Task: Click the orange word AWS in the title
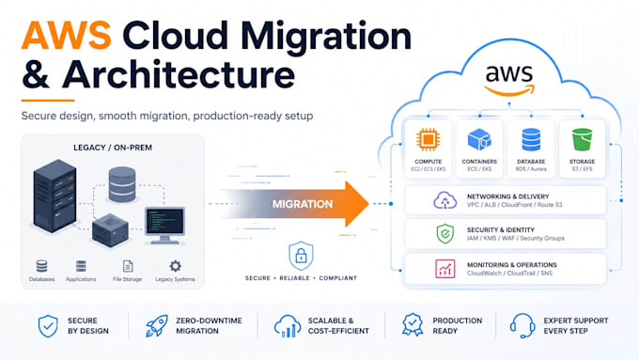click(x=66, y=35)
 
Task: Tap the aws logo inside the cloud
click(x=509, y=79)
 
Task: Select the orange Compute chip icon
click(x=428, y=139)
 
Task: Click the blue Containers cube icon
click(x=479, y=139)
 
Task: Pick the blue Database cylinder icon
click(x=531, y=139)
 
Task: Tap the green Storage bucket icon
click(x=582, y=139)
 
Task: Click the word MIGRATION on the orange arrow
click(x=303, y=204)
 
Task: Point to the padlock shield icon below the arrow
click(x=301, y=256)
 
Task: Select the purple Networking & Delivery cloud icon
click(x=444, y=200)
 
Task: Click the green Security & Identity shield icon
click(x=445, y=234)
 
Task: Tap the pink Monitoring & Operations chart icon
click(x=445, y=269)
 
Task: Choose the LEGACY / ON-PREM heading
click(x=113, y=148)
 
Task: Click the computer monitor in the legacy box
click(x=164, y=225)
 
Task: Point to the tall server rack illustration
click(x=55, y=196)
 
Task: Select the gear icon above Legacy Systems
click(x=175, y=266)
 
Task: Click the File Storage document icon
click(x=128, y=266)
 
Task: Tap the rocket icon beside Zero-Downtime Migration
click(x=157, y=326)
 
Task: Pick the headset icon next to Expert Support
click(x=522, y=326)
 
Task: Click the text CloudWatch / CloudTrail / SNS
click(x=509, y=274)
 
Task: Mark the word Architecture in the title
click(x=179, y=74)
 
